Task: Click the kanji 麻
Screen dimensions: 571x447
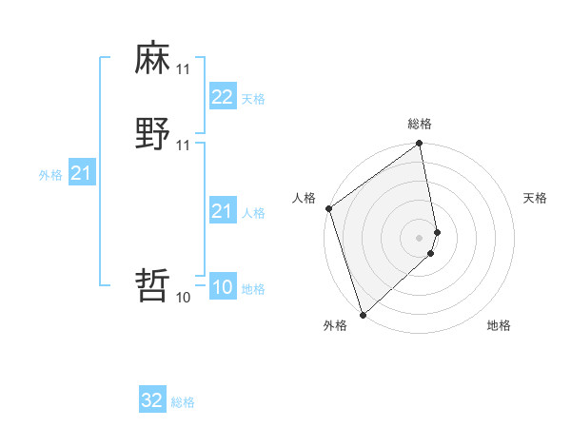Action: (x=153, y=58)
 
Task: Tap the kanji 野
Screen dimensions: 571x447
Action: (x=153, y=134)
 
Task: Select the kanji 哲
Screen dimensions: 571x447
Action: (x=153, y=284)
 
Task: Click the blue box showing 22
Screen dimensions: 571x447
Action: (x=222, y=97)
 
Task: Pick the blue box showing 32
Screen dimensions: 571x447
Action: (x=152, y=400)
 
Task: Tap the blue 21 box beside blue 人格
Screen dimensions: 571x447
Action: (x=222, y=211)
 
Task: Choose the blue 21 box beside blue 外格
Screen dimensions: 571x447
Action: (x=81, y=173)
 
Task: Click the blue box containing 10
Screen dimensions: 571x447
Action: (x=222, y=287)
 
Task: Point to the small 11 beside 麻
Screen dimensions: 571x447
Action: (x=184, y=69)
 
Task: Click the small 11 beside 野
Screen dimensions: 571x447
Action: (x=184, y=146)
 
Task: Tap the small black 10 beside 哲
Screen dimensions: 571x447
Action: (x=184, y=298)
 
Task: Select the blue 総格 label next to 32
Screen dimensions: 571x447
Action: (x=183, y=402)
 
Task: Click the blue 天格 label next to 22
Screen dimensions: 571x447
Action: (x=253, y=99)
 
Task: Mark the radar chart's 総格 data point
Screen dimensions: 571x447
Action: (x=419, y=145)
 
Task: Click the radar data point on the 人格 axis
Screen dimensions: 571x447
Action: (x=328, y=208)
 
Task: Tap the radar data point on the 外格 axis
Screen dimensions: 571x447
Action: (x=363, y=314)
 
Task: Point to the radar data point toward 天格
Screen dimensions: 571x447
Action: (x=437, y=231)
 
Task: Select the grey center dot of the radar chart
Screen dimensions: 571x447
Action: (x=419, y=237)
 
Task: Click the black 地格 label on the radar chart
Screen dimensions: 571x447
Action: (x=499, y=325)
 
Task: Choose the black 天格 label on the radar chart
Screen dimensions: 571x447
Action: (x=535, y=198)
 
